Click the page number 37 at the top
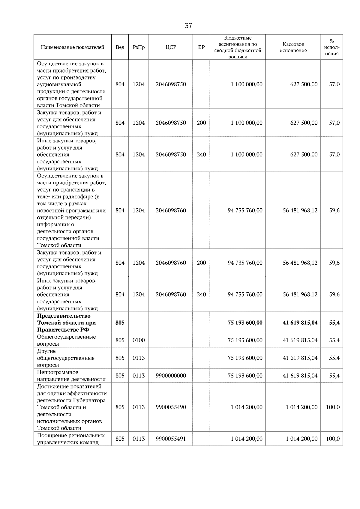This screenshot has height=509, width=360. [x=188, y=26]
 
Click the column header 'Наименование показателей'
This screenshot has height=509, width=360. [x=72, y=47]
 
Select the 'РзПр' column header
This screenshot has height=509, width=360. [x=139, y=47]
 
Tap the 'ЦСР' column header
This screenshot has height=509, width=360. [x=171, y=47]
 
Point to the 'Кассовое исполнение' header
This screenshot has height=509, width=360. [x=293, y=47]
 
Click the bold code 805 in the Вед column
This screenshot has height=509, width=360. [x=120, y=323]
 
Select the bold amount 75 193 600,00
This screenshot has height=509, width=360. [x=245, y=323]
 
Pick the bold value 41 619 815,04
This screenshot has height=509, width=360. [x=300, y=323]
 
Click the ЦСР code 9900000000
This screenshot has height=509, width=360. [x=171, y=376]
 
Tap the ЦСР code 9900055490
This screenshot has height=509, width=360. [x=171, y=407]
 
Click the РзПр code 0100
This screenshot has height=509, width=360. [x=139, y=340]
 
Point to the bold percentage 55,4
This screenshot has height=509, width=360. [x=334, y=323]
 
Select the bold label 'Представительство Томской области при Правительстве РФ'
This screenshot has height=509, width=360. [x=67, y=323]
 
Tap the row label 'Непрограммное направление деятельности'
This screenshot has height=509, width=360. [x=71, y=376]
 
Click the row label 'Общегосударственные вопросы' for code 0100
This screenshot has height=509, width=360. [x=67, y=340]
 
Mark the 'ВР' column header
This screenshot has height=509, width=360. [x=202, y=47]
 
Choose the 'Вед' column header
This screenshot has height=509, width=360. [x=120, y=47]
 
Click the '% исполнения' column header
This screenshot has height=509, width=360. [x=331, y=47]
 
